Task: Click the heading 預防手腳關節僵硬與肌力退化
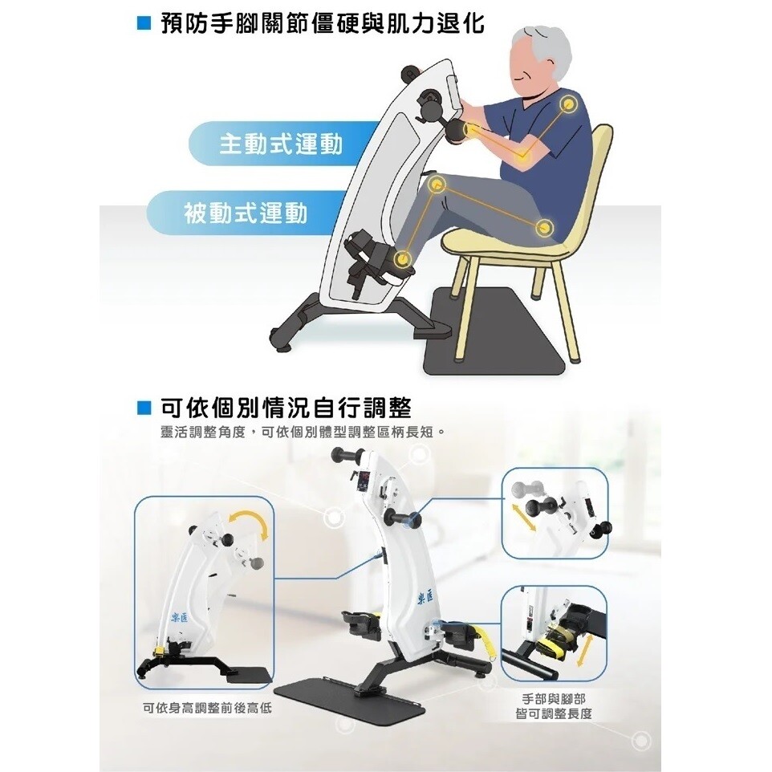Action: click(x=323, y=23)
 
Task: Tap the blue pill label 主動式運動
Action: click(x=281, y=144)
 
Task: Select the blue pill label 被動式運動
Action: click(x=246, y=213)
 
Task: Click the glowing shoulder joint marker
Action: click(x=567, y=104)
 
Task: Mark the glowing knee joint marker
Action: click(x=437, y=185)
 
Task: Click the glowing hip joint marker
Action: click(x=543, y=227)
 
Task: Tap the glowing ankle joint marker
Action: click(x=403, y=258)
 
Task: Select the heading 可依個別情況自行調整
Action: click(x=286, y=407)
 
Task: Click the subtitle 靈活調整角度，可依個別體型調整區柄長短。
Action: click(x=303, y=433)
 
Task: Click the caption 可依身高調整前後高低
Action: click(x=207, y=709)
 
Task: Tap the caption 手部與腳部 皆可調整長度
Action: click(x=554, y=706)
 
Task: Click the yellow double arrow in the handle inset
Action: click(x=523, y=517)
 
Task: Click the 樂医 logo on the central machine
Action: click(x=426, y=598)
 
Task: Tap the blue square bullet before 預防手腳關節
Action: click(x=144, y=23)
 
